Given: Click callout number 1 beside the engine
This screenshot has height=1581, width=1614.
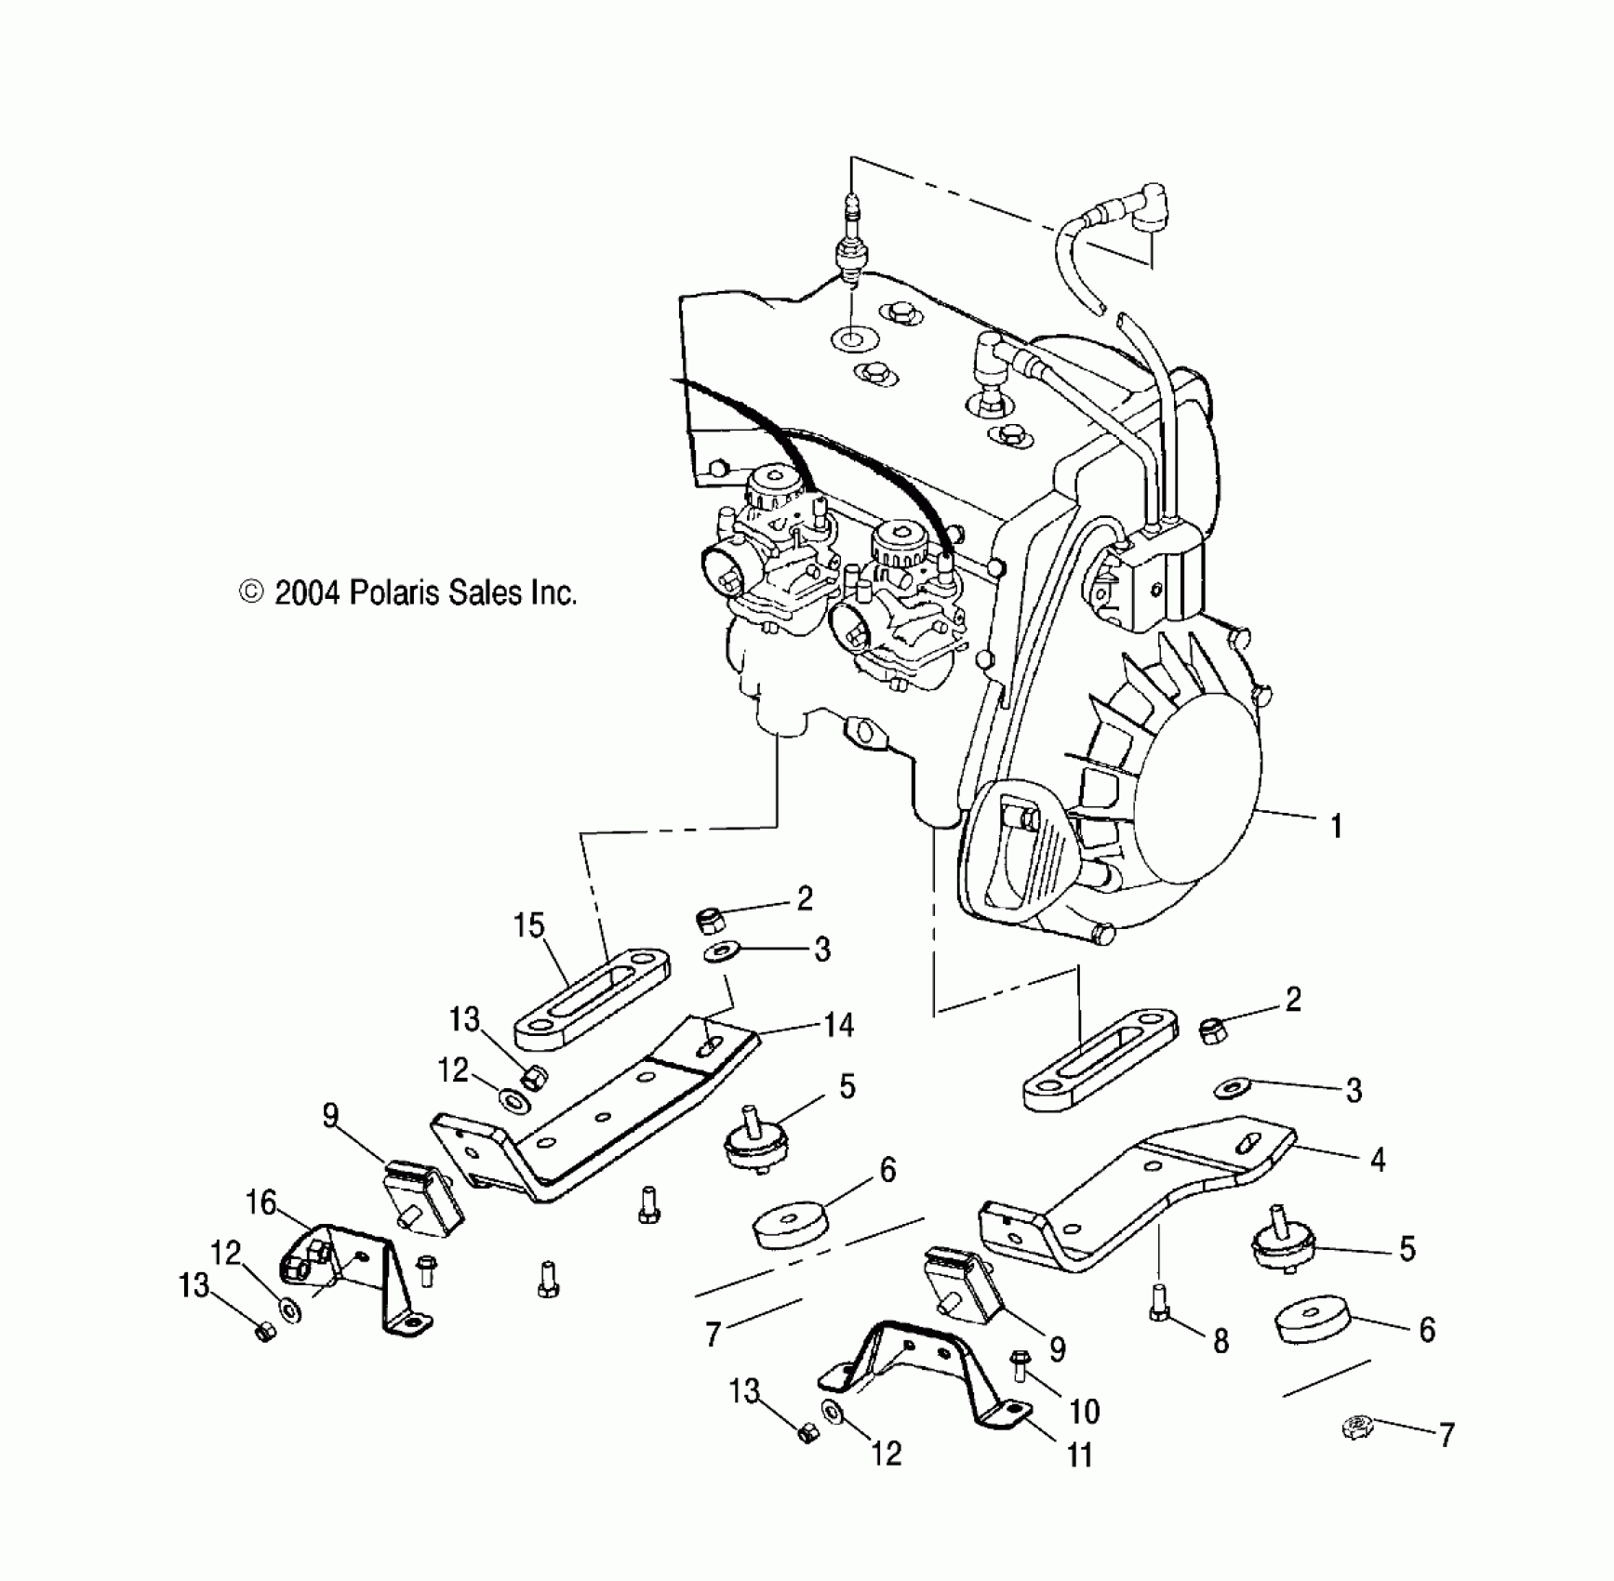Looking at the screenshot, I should click(1337, 826).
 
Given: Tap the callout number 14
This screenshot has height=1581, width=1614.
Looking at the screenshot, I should click(838, 1025).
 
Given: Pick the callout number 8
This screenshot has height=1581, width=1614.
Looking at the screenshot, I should click(1221, 1340).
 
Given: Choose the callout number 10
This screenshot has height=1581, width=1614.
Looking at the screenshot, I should click(1085, 1412).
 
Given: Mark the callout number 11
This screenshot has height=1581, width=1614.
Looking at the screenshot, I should click(1079, 1455).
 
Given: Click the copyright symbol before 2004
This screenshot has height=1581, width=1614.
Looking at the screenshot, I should click(251, 592).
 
